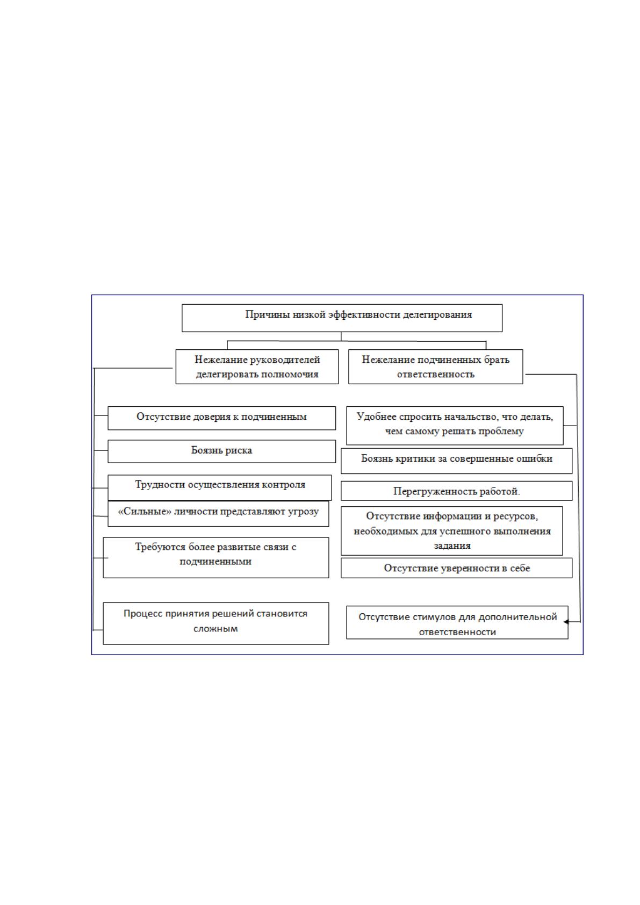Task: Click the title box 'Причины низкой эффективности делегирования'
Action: tap(342, 318)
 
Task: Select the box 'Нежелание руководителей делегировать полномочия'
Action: tap(257, 367)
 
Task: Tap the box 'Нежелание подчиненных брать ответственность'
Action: tap(436, 367)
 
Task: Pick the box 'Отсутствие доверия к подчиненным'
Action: tap(221, 418)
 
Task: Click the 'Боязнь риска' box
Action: tap(221, 451)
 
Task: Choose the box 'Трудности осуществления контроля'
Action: tap(219, 487)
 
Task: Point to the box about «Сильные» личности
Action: tap(218, 514)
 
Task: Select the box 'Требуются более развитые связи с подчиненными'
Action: tap(216, 557)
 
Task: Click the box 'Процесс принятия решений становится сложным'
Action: tap(216, 623)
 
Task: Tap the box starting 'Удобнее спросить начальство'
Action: tap(455, 426)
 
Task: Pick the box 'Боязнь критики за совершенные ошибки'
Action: tap(457, 461)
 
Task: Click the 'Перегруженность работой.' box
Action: tap(457, 491)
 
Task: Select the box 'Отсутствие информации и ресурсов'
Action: tap(452, 531)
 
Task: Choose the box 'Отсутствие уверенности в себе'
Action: tap(457, 568)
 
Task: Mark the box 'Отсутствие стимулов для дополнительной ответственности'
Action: tap(457, 622)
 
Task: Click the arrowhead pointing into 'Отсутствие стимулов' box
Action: tap(566, 622)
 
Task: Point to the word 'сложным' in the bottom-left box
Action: tap(215, 629)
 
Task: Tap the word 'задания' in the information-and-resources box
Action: tap(452, 546)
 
